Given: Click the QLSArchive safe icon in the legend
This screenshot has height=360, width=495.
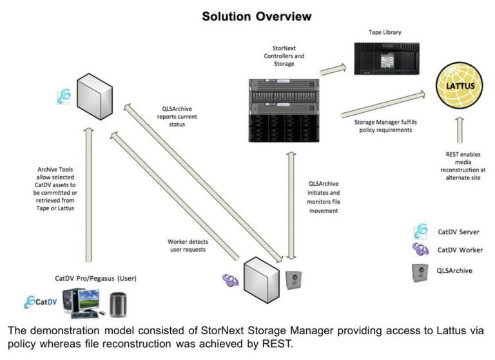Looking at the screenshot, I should (422, 271).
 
